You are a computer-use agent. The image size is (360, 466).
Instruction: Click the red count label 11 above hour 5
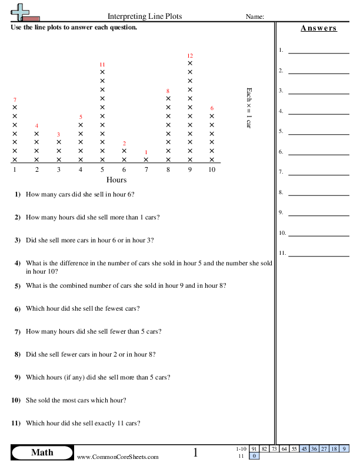click(x=102, y=64)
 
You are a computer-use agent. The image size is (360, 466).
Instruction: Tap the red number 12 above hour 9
click(x=190, y=56)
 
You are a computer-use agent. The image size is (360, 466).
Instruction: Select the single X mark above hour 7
click(x=146, y=159)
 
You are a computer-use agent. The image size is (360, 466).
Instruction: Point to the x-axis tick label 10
click(x=212, y=169)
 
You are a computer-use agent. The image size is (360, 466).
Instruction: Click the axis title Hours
click(x=116, y=179)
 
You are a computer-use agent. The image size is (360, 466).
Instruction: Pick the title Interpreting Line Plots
click(x=145, y=16)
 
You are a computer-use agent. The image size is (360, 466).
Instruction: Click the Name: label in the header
click(x=255, y=17)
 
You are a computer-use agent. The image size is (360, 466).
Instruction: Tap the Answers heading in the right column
click(x=318, y=28)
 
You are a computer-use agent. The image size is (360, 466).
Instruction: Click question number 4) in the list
click(x=18, y=263)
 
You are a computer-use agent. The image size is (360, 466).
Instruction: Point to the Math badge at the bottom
click(x=42, y=452)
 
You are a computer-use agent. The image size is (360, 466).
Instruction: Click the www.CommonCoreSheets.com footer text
click(x=118, y=457)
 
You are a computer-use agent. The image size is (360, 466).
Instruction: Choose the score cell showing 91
click(x=254, y=449)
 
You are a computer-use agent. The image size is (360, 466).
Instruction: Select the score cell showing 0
click(x=254, y=456)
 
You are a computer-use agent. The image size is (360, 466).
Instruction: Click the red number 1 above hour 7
click(x=146, y=152)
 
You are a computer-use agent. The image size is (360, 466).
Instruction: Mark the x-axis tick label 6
click(x=124, y=169)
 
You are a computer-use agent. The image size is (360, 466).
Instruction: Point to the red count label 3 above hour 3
click(x=58, y=135)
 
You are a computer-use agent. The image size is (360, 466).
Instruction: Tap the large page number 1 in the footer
click(x=196, y=452)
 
